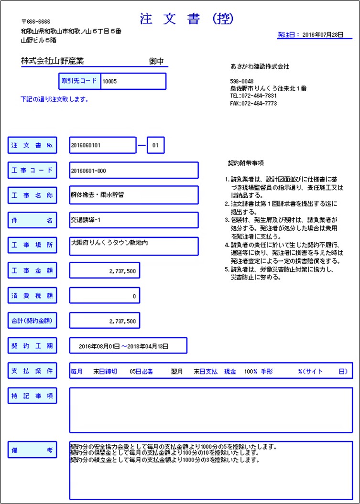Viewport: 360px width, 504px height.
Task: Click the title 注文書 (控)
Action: (x=187, y=19)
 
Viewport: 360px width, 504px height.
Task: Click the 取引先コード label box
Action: (x=79, y=81)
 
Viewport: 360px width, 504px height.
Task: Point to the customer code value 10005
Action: (x=110, y=81)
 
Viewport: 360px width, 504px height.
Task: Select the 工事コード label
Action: (x=33, y=170)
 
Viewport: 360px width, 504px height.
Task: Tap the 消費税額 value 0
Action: (x=134, y=296)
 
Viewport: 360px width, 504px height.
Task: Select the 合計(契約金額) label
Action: (x=33, y=321)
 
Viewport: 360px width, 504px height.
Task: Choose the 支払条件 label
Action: (x=33, y=370)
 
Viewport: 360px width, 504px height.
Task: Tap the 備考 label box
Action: (x=33, y=449)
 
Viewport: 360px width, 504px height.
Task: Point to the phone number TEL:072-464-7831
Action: (x=253, y=96)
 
